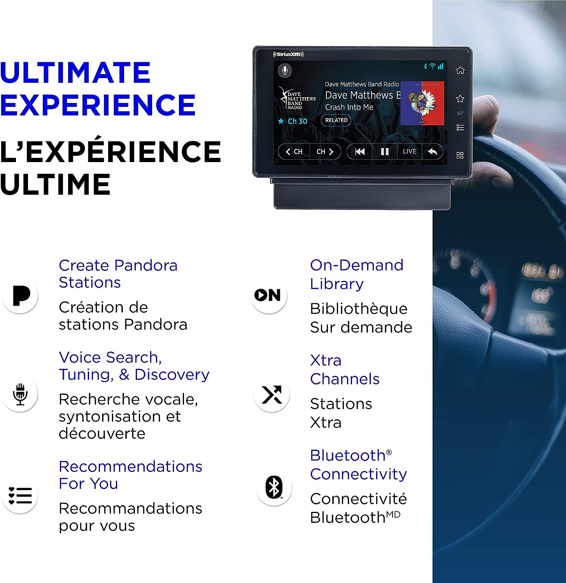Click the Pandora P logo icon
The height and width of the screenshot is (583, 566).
coord(21,296)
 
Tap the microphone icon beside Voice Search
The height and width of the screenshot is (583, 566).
coord(20,394)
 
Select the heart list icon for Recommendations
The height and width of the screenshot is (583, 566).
coord(20,496)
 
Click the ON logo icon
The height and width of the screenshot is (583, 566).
coord(268,295)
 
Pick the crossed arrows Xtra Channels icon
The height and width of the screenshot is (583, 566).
coord(272,394)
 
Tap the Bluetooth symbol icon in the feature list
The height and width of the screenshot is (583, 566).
coord(274,487)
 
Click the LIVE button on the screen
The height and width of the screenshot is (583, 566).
coord(409,151)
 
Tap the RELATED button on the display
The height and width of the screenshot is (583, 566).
coord(336,120)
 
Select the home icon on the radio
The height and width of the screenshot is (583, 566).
coord(460,70)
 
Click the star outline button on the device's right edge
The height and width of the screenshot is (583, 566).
coord(460,99)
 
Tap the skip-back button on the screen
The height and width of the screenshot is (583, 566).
coord(360,151)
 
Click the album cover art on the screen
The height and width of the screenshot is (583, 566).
coord(422,103)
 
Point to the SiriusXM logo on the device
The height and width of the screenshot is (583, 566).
coord(288,54)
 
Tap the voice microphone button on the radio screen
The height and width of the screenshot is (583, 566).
coord(285,70)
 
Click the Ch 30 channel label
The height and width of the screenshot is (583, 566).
coord(298,121)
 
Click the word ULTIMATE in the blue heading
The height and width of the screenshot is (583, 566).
coord(75,72)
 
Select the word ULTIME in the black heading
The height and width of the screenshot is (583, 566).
coord(55,184)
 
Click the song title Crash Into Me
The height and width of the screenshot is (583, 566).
coord(349,107)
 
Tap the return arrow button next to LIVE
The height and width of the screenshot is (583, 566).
coord(432,151)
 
